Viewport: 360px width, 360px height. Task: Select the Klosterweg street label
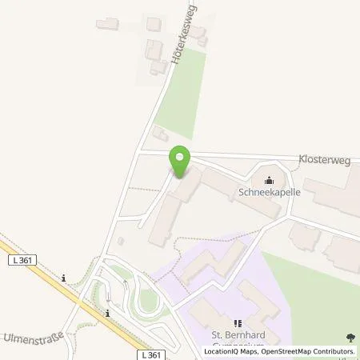point(326,160)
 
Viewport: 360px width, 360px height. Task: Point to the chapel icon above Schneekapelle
point(269,180)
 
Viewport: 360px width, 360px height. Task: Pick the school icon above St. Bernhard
point(238,323)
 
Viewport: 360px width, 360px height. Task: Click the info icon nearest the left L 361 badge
point(63,278)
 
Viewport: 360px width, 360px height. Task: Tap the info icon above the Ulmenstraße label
point(106,313)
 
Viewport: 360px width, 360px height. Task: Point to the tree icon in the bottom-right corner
point(350,338)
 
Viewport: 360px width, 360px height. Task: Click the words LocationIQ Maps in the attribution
point(229,351)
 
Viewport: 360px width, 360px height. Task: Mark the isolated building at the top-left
point(107,24)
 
